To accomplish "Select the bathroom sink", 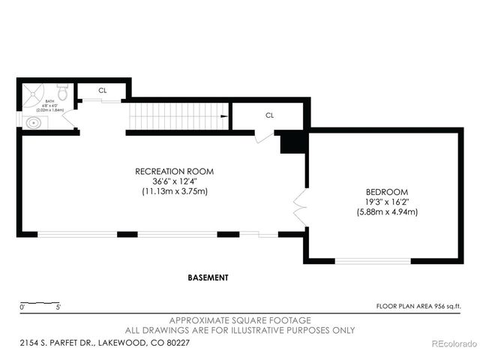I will tap(32, 123).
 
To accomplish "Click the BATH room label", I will tap(49, 101).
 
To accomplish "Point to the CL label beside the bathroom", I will tap(103, 90).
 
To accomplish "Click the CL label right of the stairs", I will tap(268, 115).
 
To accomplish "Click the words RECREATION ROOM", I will tap(174, 171).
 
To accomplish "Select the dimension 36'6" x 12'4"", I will tap(174, 181).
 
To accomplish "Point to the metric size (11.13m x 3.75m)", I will tap(174, 192).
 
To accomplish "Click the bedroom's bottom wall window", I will tap(373, 261).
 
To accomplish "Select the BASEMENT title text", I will tap(208, 277).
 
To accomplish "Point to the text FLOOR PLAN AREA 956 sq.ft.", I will tap(418, 306).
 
